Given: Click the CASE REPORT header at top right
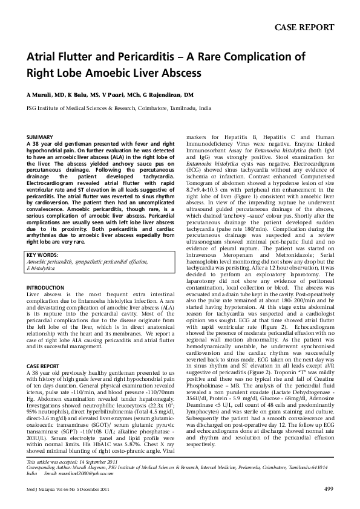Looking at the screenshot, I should (304, 27).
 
